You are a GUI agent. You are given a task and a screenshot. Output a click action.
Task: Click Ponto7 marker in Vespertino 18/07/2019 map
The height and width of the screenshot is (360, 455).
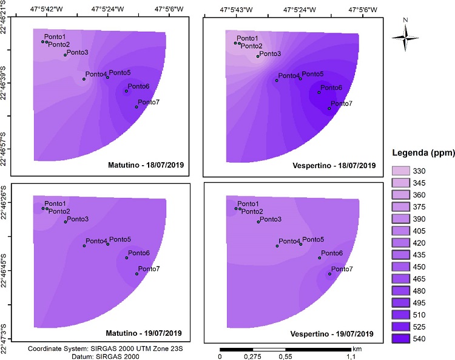[x=329, y=109]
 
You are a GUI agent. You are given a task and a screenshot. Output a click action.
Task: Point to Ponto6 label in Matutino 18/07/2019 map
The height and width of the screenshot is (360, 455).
[x=138, y=86]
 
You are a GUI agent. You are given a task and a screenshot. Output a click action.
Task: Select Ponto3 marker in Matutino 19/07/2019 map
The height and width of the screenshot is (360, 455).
[x=66, y=222]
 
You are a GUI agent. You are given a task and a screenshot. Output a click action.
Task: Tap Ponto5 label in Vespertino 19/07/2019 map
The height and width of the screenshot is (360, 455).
[x=312, y=240]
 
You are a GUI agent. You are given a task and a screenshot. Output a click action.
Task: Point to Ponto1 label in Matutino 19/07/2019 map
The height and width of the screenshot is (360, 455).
[x=55, y=203]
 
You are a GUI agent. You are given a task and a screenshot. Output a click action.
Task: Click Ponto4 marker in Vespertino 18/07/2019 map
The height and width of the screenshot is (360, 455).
[x=277, y=80]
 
